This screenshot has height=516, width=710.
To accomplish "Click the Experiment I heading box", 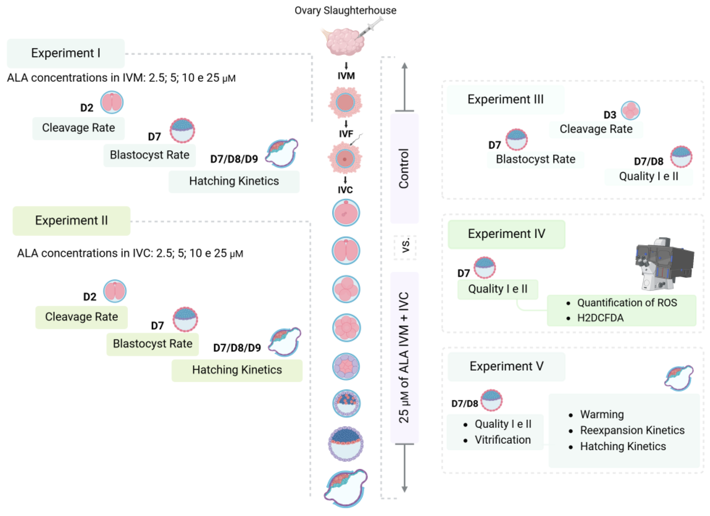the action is (66, 53).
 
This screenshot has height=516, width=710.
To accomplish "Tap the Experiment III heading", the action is (505, 99).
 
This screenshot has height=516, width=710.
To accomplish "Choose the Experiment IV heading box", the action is (506, 234).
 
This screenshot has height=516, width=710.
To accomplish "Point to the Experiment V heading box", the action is (506, 366).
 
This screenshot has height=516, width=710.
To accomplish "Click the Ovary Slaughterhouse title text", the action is (345, 10).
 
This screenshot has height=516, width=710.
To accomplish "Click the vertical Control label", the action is (404, 169).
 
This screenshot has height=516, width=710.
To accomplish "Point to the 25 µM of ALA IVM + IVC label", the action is (404, 357).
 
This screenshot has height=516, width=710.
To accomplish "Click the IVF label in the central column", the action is (346, 134).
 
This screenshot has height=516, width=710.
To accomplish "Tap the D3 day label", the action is (610, 115).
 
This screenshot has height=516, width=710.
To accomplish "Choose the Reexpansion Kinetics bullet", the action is (626, 430).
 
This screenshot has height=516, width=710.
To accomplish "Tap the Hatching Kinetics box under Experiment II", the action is (237, 370).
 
